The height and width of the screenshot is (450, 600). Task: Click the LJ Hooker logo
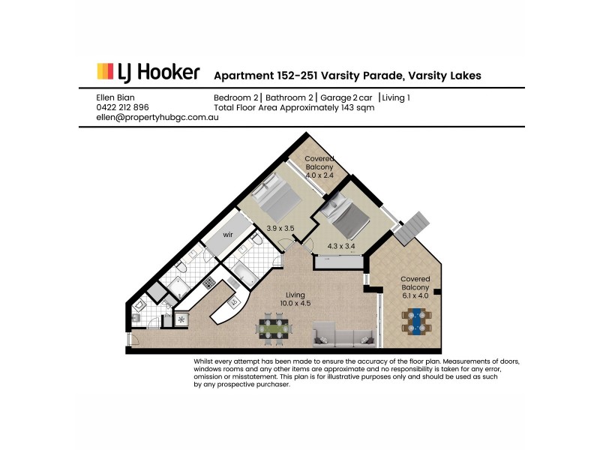click(148, 73)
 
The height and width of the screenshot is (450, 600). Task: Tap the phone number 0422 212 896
click(123, 107)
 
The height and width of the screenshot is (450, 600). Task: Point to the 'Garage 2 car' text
click(346, 97)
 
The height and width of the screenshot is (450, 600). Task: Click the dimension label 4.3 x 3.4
click(342, 244)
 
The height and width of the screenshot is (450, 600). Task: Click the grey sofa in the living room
click(342, 334)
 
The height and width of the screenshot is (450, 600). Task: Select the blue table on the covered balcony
click(415, 323)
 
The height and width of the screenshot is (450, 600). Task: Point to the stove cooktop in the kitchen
click(209, 284)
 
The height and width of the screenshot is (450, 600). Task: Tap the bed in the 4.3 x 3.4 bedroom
click(347, 213)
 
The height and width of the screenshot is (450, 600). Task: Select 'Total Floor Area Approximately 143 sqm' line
click(294, 107)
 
